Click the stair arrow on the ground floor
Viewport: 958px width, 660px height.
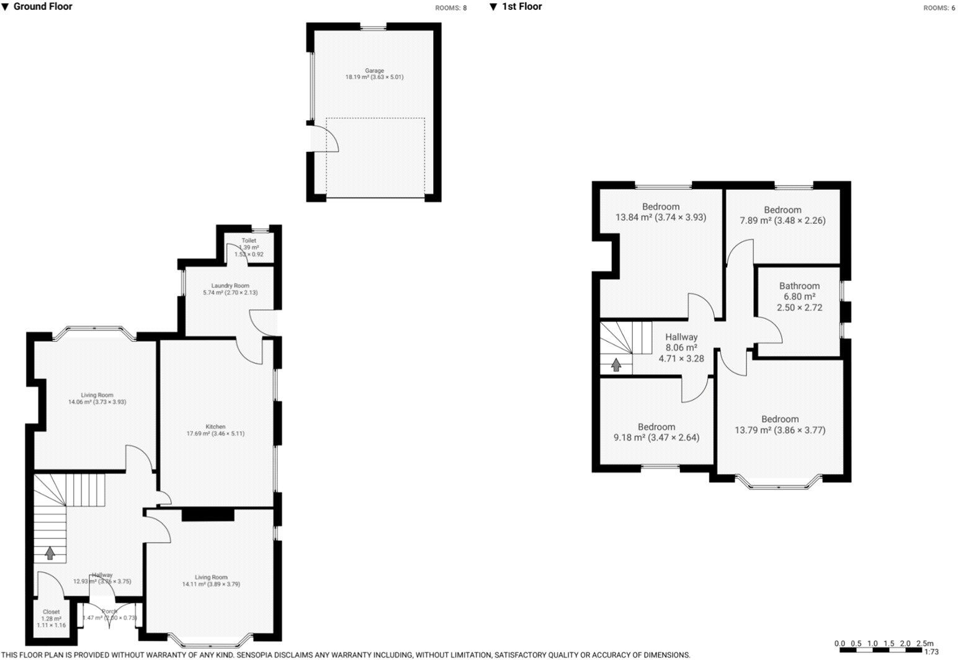click(x=50, y=553)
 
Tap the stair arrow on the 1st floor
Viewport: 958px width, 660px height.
click(x=616, y=365)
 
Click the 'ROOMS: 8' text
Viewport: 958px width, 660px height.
click(x=450, y=8)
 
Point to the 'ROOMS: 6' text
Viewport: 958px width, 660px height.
click(x=939, y=8)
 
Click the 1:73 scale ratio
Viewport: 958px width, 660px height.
click(x=931, y=652)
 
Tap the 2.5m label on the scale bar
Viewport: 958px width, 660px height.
click(x=924, y=643)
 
